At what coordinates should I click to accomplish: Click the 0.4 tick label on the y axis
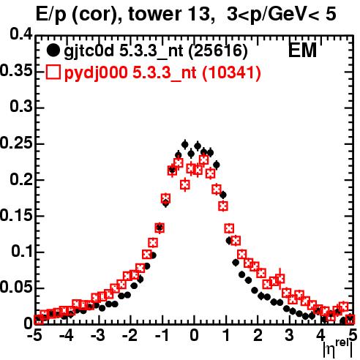(21, 34)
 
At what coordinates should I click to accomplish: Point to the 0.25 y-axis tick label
(16, 143)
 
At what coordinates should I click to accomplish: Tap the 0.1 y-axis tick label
(22, 252)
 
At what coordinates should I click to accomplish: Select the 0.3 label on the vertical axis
(21, 107)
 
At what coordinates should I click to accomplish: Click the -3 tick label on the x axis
(99, 336)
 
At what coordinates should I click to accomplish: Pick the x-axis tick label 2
(258, 336)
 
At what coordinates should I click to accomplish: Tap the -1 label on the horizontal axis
(162, 336)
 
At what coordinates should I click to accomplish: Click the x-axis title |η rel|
(337, 348)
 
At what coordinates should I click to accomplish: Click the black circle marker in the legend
(53, 50)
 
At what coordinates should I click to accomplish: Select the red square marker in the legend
(53, 72)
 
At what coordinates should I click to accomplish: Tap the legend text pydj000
(96, 73)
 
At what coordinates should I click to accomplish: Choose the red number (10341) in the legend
(232, 72)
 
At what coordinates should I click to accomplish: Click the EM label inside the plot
(302, 50)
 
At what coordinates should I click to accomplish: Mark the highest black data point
(185, 145)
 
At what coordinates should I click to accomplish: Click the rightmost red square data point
(350, 320)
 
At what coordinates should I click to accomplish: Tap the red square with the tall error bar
(280, 279)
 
